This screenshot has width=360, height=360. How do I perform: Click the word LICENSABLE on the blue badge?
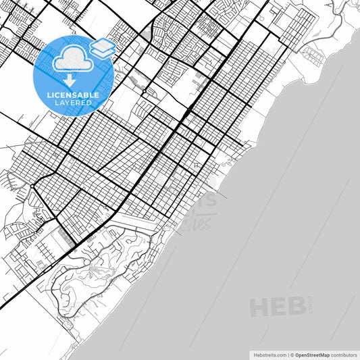[73, 95]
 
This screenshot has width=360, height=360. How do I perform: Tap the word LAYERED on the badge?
[73, 103]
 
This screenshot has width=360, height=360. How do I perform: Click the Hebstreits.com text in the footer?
[269, 354]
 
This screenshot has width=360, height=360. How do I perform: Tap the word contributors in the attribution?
[344, 354]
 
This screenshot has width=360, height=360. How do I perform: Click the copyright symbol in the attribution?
[292, 354]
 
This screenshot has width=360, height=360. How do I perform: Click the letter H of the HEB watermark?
[260, 307]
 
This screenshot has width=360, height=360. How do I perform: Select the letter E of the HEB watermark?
[279, 307]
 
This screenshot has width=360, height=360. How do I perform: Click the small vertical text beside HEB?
[310, 303]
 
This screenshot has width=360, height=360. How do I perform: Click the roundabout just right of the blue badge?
[144, 91]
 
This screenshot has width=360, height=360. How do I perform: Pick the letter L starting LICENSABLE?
[49, 95]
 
